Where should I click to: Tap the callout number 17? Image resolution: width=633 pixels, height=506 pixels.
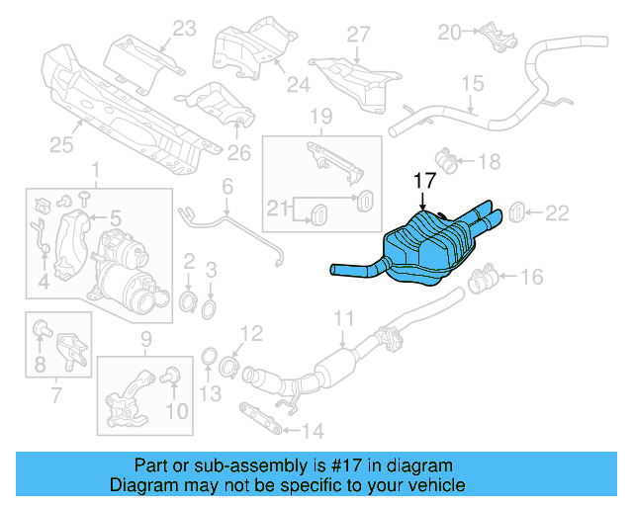click(x=423, y=181)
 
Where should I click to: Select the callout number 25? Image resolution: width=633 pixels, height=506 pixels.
click(x=61, y=146)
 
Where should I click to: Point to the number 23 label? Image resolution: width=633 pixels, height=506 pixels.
click(x=184, y=30)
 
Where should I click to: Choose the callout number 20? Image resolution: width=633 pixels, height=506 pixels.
click(x=450, y=33)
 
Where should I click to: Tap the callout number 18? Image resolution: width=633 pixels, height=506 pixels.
click(x=490, y=160)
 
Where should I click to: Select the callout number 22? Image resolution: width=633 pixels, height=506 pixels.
click(x=558, y=211)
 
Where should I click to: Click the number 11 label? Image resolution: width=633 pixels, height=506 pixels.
click(x=342, y=318)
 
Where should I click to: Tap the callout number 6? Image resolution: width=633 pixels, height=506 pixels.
click(x=226, y=187)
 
